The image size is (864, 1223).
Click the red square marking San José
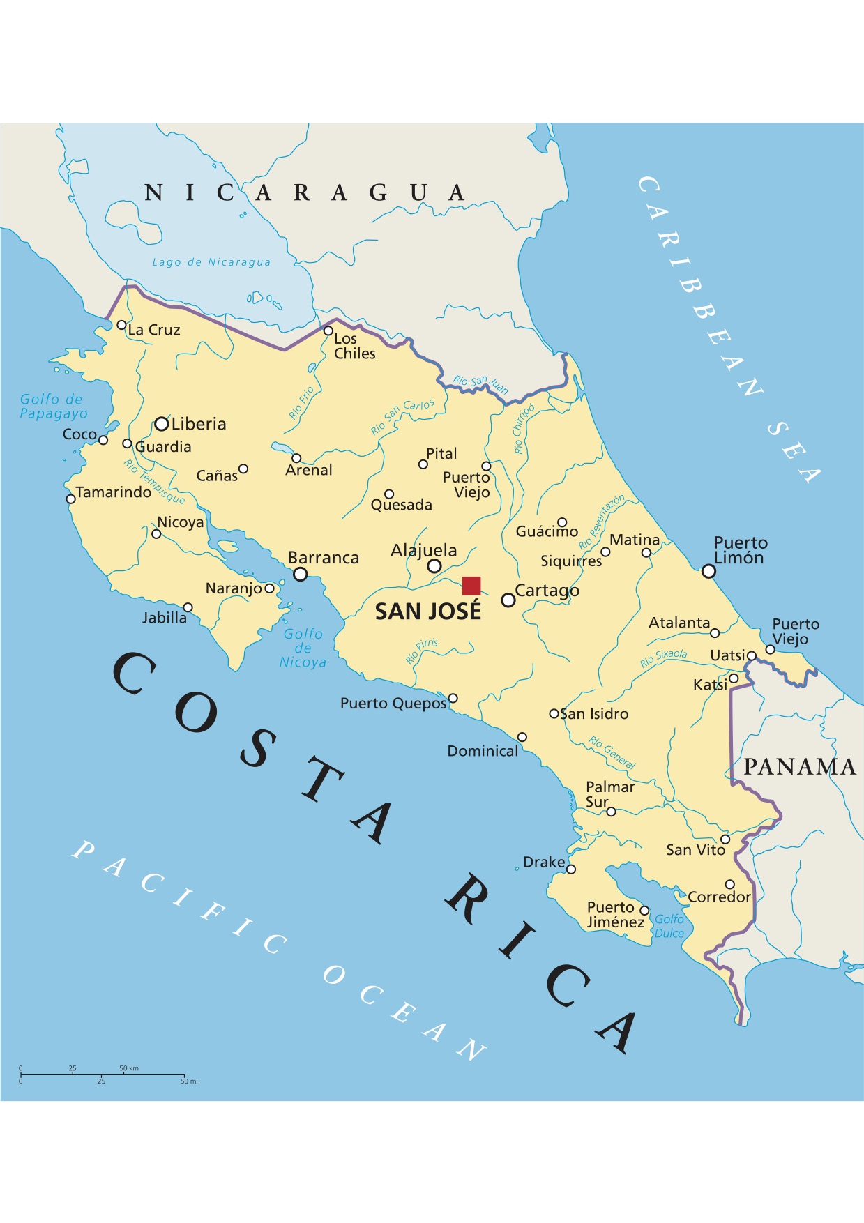click(471, 586)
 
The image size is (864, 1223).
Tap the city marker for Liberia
click(162, 424)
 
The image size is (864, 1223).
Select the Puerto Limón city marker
click(708, 571)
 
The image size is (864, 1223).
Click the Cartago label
click(547, 591)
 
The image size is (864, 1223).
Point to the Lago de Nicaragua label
click(211, 262)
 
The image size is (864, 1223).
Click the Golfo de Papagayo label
click(53, 406)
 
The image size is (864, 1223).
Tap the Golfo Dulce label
click(669, 926)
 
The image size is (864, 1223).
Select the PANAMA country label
click(799, 767)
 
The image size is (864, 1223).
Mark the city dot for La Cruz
click(121, 325)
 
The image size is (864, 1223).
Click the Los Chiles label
click(354, 346)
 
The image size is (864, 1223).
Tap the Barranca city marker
click(301, 574)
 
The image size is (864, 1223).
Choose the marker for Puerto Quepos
click(453, 698)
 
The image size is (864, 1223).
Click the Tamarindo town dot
click(70, 499)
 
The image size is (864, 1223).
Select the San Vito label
click(695, 850)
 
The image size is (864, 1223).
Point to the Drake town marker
click(571, 869)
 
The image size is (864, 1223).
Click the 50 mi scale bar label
click(189, 1081)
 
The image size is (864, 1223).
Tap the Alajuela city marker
click(434, 566)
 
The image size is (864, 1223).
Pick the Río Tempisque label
click(154, 481)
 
